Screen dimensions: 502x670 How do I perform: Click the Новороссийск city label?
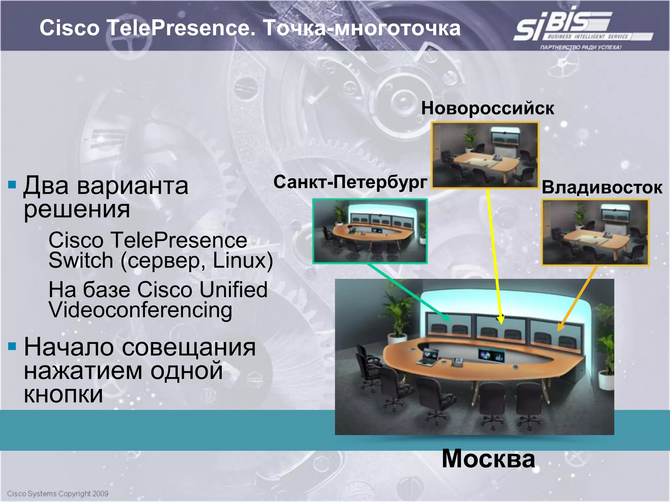pos(487,108)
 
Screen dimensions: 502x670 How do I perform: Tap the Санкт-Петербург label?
pos(350,182)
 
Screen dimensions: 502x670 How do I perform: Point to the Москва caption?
pos(488,459)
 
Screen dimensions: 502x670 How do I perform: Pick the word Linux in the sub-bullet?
pos(242,260)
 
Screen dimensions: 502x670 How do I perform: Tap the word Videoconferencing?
pos(140,310)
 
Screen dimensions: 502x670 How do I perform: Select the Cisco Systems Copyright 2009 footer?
pos(58,494)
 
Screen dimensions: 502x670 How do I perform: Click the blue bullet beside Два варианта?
pos(12,185)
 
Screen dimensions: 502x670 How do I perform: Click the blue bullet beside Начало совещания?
pos(12,346)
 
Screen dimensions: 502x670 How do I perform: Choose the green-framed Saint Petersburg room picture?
pos(370,231)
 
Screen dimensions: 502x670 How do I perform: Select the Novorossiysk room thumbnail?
pos(485,155)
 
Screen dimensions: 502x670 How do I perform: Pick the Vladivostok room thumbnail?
pos(595,232)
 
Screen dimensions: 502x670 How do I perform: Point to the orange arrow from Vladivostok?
pos(577,297)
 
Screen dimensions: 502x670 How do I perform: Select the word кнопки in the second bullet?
pos(63,394)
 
